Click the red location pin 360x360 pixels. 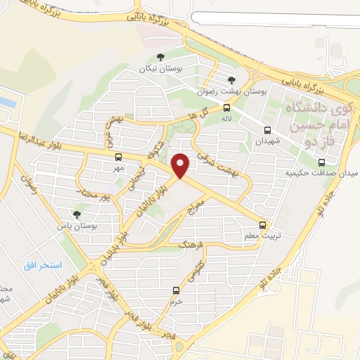[181, 165]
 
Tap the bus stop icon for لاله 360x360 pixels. [226, 108]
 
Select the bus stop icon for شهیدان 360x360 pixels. [267, 130]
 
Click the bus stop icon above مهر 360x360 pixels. [117, 157]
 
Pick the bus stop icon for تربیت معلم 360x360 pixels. [262, 225]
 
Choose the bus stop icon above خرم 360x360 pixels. [176, 290]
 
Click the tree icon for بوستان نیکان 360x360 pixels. [160, 57]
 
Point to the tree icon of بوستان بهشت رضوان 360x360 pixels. [231, 80]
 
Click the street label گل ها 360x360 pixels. [198, 115]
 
